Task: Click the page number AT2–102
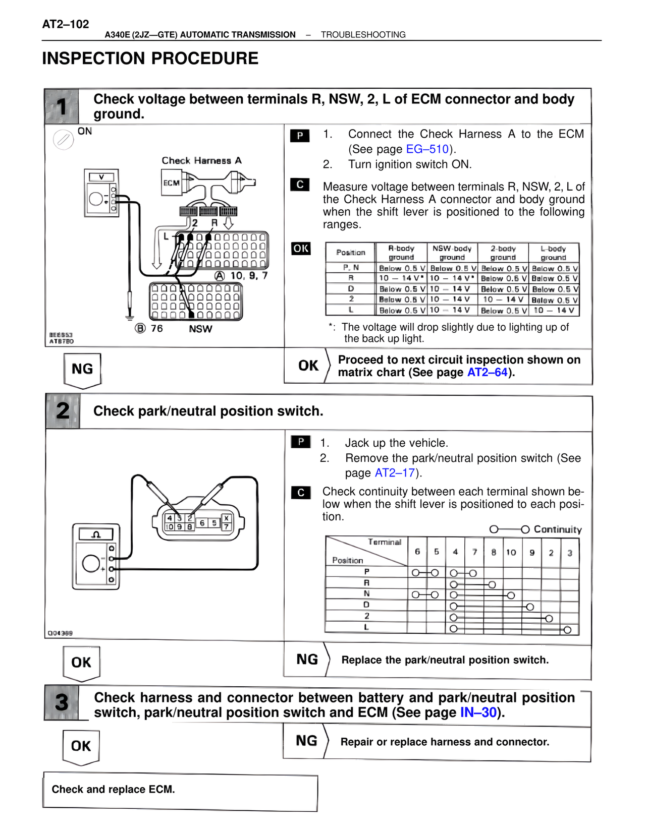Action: pos(66,24)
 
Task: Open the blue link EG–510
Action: pos(427,149)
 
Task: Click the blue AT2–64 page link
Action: pos(487,373)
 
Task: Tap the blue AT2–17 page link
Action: pos(395,473)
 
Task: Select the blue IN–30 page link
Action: pos(478,712)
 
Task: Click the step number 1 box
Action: pos(62,106)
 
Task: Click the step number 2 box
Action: pos(63,411)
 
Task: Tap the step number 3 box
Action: pos(62,702)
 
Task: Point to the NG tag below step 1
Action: pos(82,370)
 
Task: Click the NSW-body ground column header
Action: pos(452,253)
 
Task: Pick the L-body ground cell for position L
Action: pos(554,311)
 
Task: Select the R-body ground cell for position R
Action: pos(401,278)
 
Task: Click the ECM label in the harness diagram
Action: pos(172,183)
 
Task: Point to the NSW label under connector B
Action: pos(200,329)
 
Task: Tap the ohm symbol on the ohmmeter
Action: pos(96,534)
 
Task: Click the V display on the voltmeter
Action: pos(101,177)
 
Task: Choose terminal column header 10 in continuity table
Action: pos(511,553)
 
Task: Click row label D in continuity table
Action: pos(366,605)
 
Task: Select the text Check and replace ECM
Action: pos(113,790)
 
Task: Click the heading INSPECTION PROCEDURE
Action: pos(150,58)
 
